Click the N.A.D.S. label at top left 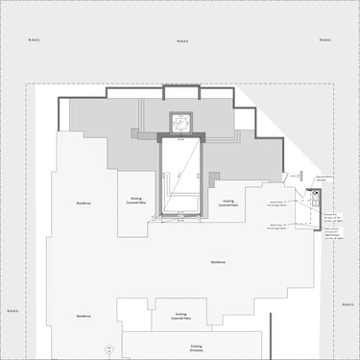[35, 41]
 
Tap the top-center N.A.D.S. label [183, 41]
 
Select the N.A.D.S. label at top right [325, 41]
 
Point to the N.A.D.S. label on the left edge [13, 310]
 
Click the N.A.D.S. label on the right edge [348, 303]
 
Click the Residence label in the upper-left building [84, 204]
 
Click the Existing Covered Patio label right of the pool [228, 204]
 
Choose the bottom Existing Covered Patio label [180, 316]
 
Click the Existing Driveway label [197, 347]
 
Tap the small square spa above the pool [180, 122]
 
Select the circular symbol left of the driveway [108, 347]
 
